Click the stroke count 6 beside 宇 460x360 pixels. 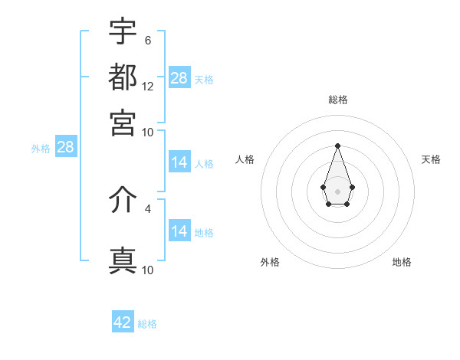[148, 41]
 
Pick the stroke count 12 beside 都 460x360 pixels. [148, 86]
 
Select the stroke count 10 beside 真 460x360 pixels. [148, 270]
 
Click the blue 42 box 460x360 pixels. [123, 322]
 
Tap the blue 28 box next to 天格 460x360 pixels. [179, 78]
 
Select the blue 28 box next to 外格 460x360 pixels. [65, 147]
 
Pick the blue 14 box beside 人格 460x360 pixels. [179, 162]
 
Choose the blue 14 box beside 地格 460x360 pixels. [179, 231]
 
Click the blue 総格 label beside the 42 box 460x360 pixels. [147, 324]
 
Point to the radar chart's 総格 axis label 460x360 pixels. [337, 100]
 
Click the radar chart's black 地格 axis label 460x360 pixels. [402, 262]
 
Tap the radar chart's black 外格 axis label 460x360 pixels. [270, 262]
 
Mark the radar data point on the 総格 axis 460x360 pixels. [337, 146]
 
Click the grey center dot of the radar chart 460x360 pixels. [337, 190]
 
